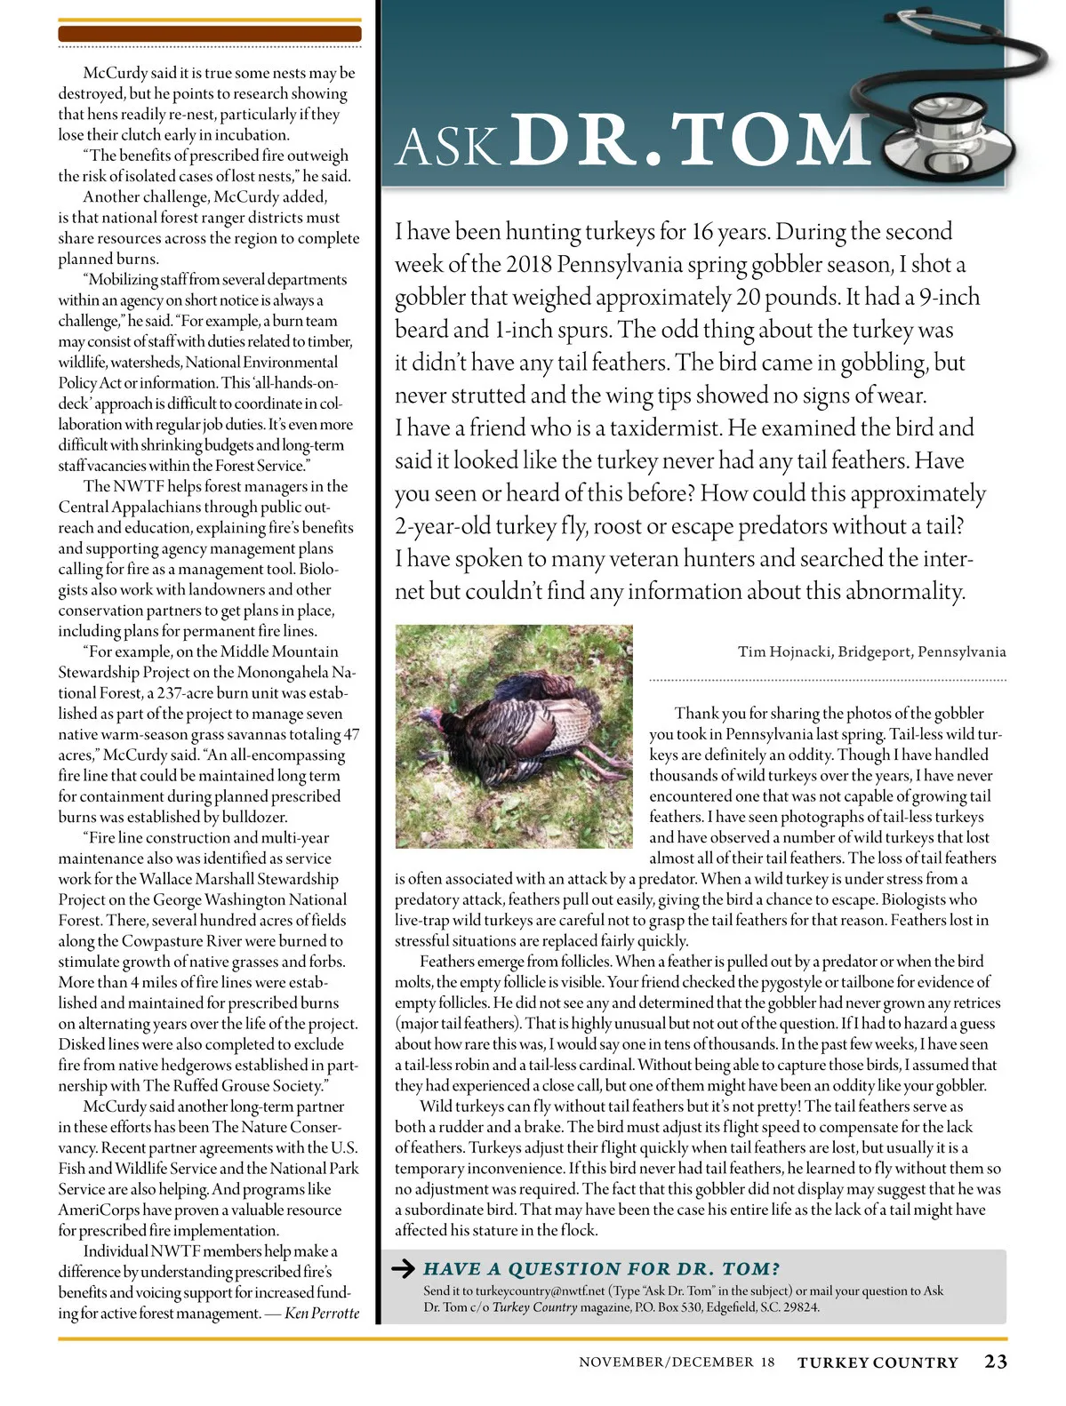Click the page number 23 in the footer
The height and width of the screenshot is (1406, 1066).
[x=995, y=1362]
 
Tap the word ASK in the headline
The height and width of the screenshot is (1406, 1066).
[x=447, y=148]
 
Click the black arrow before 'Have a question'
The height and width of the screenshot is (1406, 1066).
[x=404, y=1268]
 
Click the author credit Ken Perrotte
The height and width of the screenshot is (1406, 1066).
[x=322, y=1313]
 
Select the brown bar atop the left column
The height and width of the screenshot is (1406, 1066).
[x=210, y=34]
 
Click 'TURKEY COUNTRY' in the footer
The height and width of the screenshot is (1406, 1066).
[x=878, y=1362]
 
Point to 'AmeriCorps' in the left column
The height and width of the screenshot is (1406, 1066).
[x=99, y=1210]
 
